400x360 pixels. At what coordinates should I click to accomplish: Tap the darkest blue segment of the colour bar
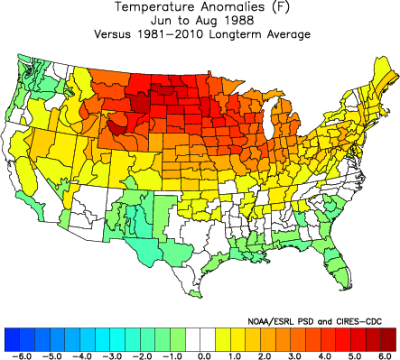click(x=13, y=338)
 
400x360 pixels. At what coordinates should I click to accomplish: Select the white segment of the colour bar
click(x=200, y=338)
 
